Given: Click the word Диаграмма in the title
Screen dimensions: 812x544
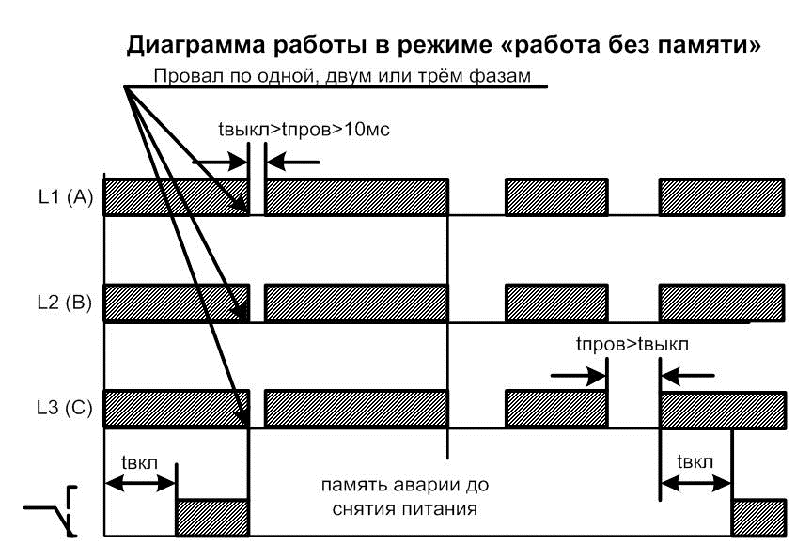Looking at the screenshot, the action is (x=195, y=45).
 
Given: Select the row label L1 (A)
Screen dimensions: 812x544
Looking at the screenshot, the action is (x=65, y=196).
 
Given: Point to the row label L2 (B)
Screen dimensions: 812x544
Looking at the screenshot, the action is (x=65, y=303).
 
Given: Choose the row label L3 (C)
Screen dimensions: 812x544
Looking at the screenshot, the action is (x=65, y=408).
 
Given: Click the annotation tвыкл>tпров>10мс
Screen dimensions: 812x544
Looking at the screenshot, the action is (x=304, y=129).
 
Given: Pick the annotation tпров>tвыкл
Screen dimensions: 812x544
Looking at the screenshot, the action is (x=632, y=344).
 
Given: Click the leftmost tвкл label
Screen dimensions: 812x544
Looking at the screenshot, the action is (x=139, y=461).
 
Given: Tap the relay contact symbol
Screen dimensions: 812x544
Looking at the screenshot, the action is (x=51, y=511).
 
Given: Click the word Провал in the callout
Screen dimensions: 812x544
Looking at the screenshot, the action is (x=189, y=76).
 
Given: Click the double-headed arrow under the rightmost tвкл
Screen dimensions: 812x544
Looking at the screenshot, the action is (x=696, y=484).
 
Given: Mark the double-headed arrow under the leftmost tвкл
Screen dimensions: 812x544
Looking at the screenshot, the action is (x=140, y=484).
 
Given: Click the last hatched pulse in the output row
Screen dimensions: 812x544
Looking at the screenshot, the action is (x=759, y=518).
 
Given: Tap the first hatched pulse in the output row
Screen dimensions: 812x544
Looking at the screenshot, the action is (x=212, y=518).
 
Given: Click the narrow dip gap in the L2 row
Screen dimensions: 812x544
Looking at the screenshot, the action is (x=258, y=303).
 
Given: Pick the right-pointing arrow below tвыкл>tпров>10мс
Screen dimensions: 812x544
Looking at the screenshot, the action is (x=220, y=162).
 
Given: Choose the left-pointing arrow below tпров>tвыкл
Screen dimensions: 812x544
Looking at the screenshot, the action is (x=688, y=375).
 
